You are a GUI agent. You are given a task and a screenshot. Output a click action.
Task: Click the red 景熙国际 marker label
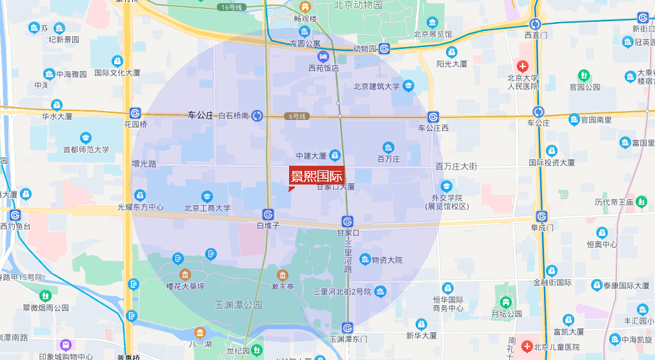tap(316, 175)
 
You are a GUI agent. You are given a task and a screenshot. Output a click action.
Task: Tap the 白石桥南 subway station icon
tap(257, 115)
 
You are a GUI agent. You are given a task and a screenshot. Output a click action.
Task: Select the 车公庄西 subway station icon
tap(434, 117)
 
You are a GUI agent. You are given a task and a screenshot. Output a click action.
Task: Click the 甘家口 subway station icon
tap(347, 221)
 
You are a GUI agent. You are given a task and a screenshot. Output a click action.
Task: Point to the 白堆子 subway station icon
tap(268, 214)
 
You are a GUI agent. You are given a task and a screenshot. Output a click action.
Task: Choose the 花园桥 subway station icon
tap(136, 112)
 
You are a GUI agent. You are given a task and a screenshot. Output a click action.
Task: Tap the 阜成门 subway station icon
tap(541, 216)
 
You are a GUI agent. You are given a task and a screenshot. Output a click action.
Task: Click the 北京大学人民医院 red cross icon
tap(523, 66)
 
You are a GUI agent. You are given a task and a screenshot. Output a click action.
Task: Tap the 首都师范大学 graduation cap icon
tap(86, 137)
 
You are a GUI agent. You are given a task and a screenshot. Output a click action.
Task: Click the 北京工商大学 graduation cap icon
tap(207, 196)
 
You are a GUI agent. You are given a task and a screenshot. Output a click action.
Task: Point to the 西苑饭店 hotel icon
tap(323, 57)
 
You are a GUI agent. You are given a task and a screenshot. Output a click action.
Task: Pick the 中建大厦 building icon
tap(335, 155)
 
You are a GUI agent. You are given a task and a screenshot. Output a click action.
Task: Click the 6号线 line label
tap(297, 116)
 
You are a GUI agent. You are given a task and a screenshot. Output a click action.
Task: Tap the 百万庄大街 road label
tap(456, 166)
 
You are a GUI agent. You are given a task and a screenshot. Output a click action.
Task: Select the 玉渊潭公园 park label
tap(239, 304)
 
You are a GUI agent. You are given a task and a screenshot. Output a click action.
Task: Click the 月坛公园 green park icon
tap(506, 302)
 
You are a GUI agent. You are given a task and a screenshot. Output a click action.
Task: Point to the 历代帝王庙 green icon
tap(641, 202)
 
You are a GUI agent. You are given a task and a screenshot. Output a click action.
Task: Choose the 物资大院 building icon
tap(365, 259)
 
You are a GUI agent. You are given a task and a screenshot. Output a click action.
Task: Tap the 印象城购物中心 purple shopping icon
tap(65, 345)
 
